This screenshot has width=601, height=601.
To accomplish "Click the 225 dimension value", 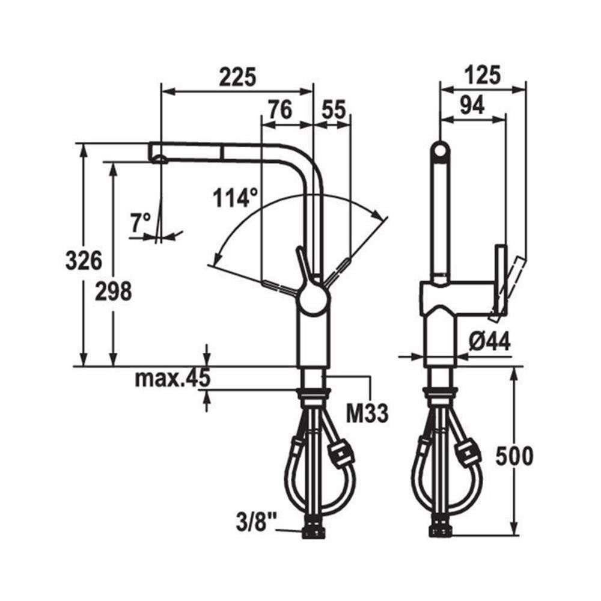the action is [x=237, y=77].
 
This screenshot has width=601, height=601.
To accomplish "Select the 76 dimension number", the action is [x=280, y=109].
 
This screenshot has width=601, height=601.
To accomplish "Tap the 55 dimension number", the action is [x=334, y=109].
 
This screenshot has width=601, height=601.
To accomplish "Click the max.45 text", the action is [x=173, y=378].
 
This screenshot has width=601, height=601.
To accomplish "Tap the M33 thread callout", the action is [x=367, y=413].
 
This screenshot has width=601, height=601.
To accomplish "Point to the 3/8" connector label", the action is [x=257, y=522].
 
